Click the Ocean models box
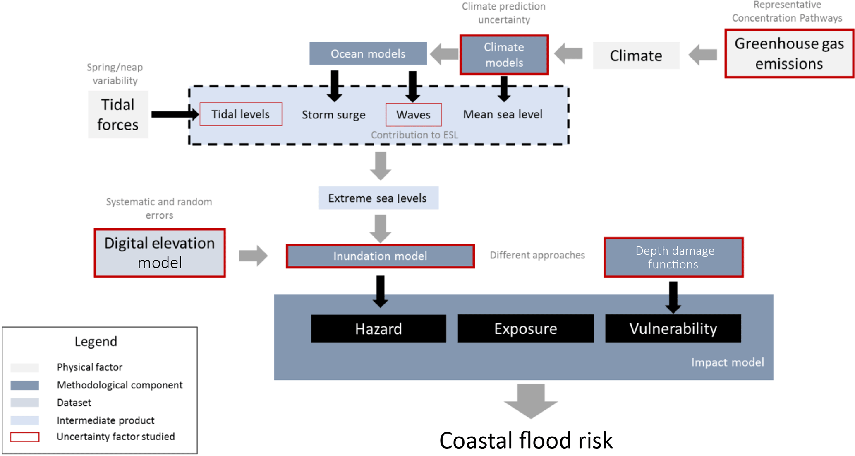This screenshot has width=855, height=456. pyautogui.click(x=368, y=53)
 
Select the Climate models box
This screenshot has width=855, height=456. pyautogui.click(x=504, y=55)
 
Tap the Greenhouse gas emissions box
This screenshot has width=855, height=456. pyautogui.click(x=789, y=53)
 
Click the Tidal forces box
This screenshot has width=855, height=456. pyautogui.click(x=118, y=114)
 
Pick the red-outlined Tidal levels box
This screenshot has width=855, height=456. pyautogui.click(x=241, y=114)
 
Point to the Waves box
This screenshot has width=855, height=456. pyautogui.click(x=413, y=115)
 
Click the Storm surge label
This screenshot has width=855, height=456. pyautogui.click(x=333, y=115)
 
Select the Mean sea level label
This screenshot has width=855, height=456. pyautogui.click(x=503, y=114)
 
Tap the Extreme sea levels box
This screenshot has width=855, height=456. pyautogui.click(x=378, y=198)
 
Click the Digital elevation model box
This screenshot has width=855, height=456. pyautogui.click(x=160, y=253)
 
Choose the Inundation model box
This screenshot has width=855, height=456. pyautogui.click(x=380, y=256)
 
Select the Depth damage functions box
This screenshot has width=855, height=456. pyautogui.click(x=673, y=257)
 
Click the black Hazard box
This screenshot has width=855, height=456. pyautogui.click(x=378, y=328)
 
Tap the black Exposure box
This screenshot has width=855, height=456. pyautogui.click(x=525, y=328)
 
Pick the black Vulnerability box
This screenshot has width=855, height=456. pyautogui.click(x=673, y=328)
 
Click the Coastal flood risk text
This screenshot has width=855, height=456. pyautogui.click(x=526, y=440)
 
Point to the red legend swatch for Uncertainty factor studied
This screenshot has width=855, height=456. pyautogui.click(x=25, y=437)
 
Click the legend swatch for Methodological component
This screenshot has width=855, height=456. pyautogui.click(x=25, y=385)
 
